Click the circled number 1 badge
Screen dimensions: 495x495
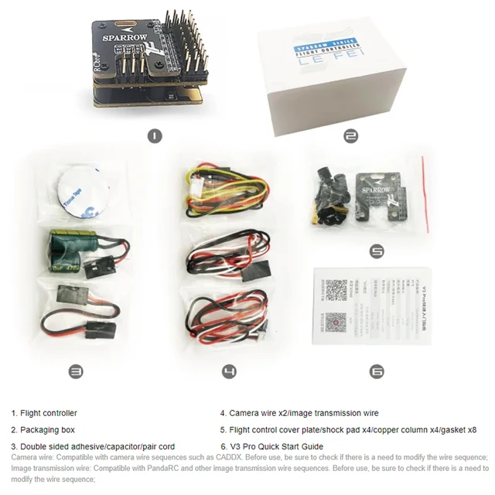(155, 136)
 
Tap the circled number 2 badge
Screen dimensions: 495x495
(350, 136)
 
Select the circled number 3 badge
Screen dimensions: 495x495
(76, 372)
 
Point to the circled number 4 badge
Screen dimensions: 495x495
(229, 372)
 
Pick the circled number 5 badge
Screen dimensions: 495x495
(377, 251)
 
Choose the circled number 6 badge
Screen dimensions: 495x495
(377, 372)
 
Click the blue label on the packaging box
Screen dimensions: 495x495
(323, 48)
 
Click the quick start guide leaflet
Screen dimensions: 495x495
(370, 305)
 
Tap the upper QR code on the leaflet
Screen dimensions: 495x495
(334, 290)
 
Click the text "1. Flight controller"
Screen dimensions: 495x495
(44, 413)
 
